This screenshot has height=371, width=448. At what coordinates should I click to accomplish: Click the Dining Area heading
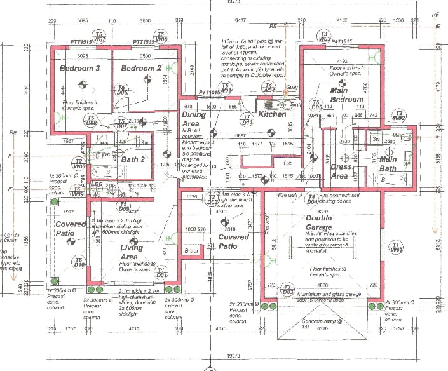[x=194, y=119]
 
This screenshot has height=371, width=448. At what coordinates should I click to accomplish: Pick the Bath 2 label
[x=134, y=159]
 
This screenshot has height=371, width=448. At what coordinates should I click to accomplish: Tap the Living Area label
[x=132, y=253]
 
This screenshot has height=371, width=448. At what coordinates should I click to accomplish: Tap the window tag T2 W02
[x=398, y=116]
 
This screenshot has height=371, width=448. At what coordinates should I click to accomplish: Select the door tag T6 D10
[x=79, y=262]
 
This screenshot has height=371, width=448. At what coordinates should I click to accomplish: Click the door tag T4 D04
[x=311, y=200]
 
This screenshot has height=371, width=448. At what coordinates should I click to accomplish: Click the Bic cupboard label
[x=287, y=163]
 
